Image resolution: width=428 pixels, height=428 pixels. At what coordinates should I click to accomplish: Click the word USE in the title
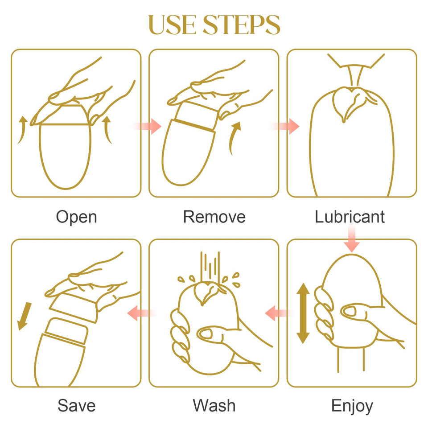(173, 25)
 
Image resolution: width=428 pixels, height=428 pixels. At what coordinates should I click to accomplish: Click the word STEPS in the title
(242, 25)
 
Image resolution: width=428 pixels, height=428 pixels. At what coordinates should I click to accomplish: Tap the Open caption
(76, 218)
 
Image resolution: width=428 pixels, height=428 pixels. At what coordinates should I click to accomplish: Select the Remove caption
(214, 217)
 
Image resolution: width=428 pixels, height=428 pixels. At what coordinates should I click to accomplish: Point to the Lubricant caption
(350, 217)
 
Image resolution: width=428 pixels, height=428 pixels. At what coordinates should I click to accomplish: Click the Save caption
(76, 405)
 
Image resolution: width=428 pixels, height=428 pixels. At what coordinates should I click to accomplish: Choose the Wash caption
(214, 405)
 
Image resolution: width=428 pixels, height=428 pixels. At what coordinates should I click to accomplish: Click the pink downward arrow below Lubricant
(352, 239)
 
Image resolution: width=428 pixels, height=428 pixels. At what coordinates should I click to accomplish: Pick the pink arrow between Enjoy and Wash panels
(278, 313)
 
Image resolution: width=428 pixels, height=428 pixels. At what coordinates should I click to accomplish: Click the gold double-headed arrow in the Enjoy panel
(303, 313)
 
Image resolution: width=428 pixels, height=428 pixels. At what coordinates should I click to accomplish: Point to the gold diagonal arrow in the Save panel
(24, 316)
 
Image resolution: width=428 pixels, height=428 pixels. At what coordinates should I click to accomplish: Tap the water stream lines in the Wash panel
(210, 267)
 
